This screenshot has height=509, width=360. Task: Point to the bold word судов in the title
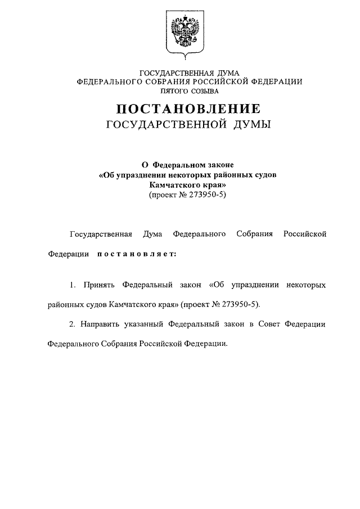tap(263, 175)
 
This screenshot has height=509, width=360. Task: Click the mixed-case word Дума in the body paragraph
tap(153, 233)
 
